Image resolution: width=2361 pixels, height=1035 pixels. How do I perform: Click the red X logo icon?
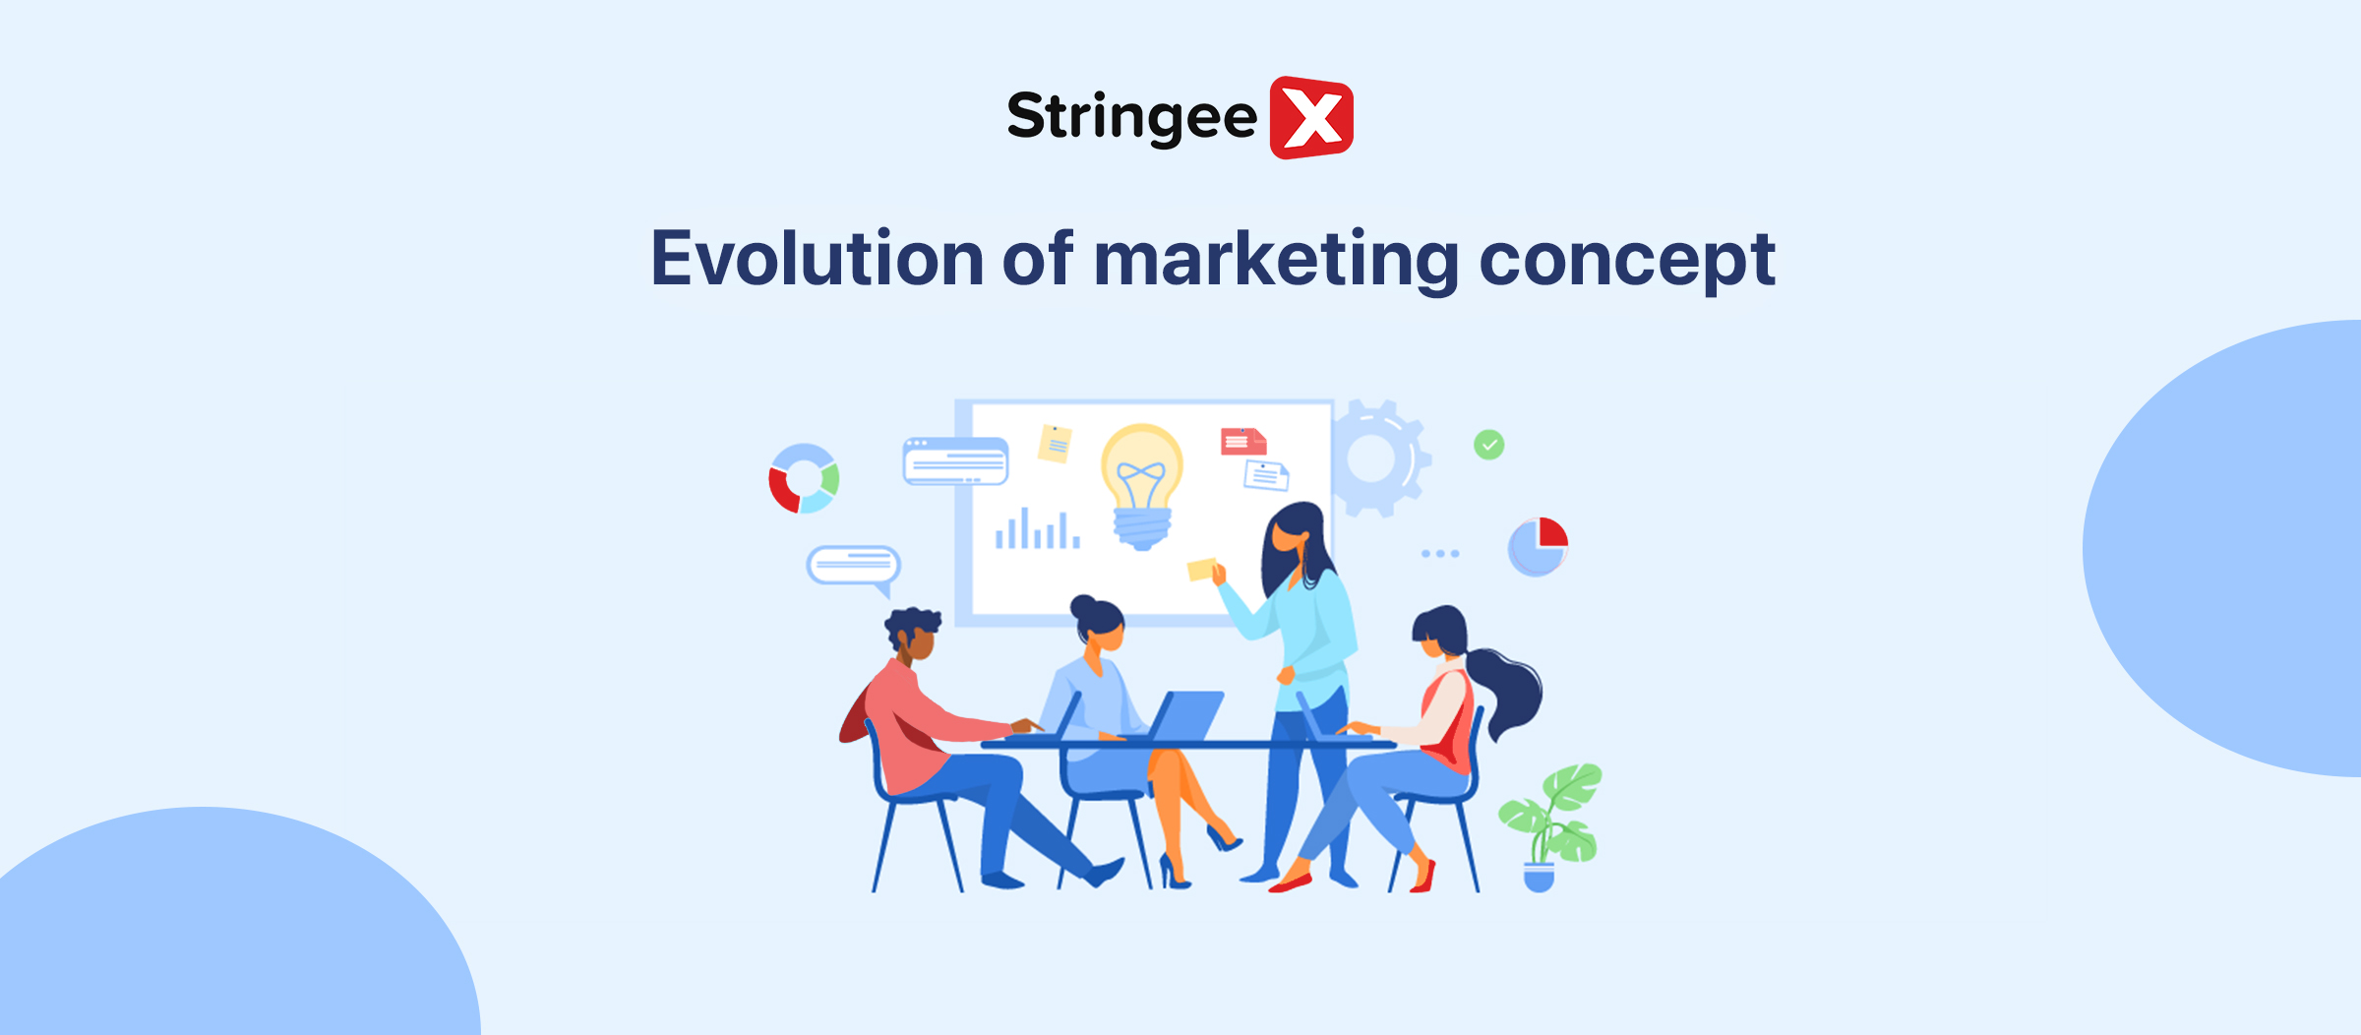(x=1311, y=118)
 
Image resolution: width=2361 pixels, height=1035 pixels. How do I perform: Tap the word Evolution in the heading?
(x=817, y=259)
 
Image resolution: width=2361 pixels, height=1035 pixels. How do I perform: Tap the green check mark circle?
(x=1488, y=446)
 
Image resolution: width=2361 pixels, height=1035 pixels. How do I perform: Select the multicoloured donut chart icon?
(x=804, y=478)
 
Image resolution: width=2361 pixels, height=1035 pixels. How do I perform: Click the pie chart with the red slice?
(x=1538, y=546)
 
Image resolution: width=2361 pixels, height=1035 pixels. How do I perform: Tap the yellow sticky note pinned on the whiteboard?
(x=1055, y=444)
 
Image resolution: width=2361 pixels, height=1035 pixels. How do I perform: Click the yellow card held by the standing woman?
(x=1201, y=569)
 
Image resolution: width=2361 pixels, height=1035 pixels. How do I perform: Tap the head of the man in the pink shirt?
(x=913, y=635)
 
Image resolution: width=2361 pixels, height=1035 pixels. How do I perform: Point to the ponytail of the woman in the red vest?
(x=1510, y=689)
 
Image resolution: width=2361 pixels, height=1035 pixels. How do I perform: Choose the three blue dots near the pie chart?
(x=1440, y=554)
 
